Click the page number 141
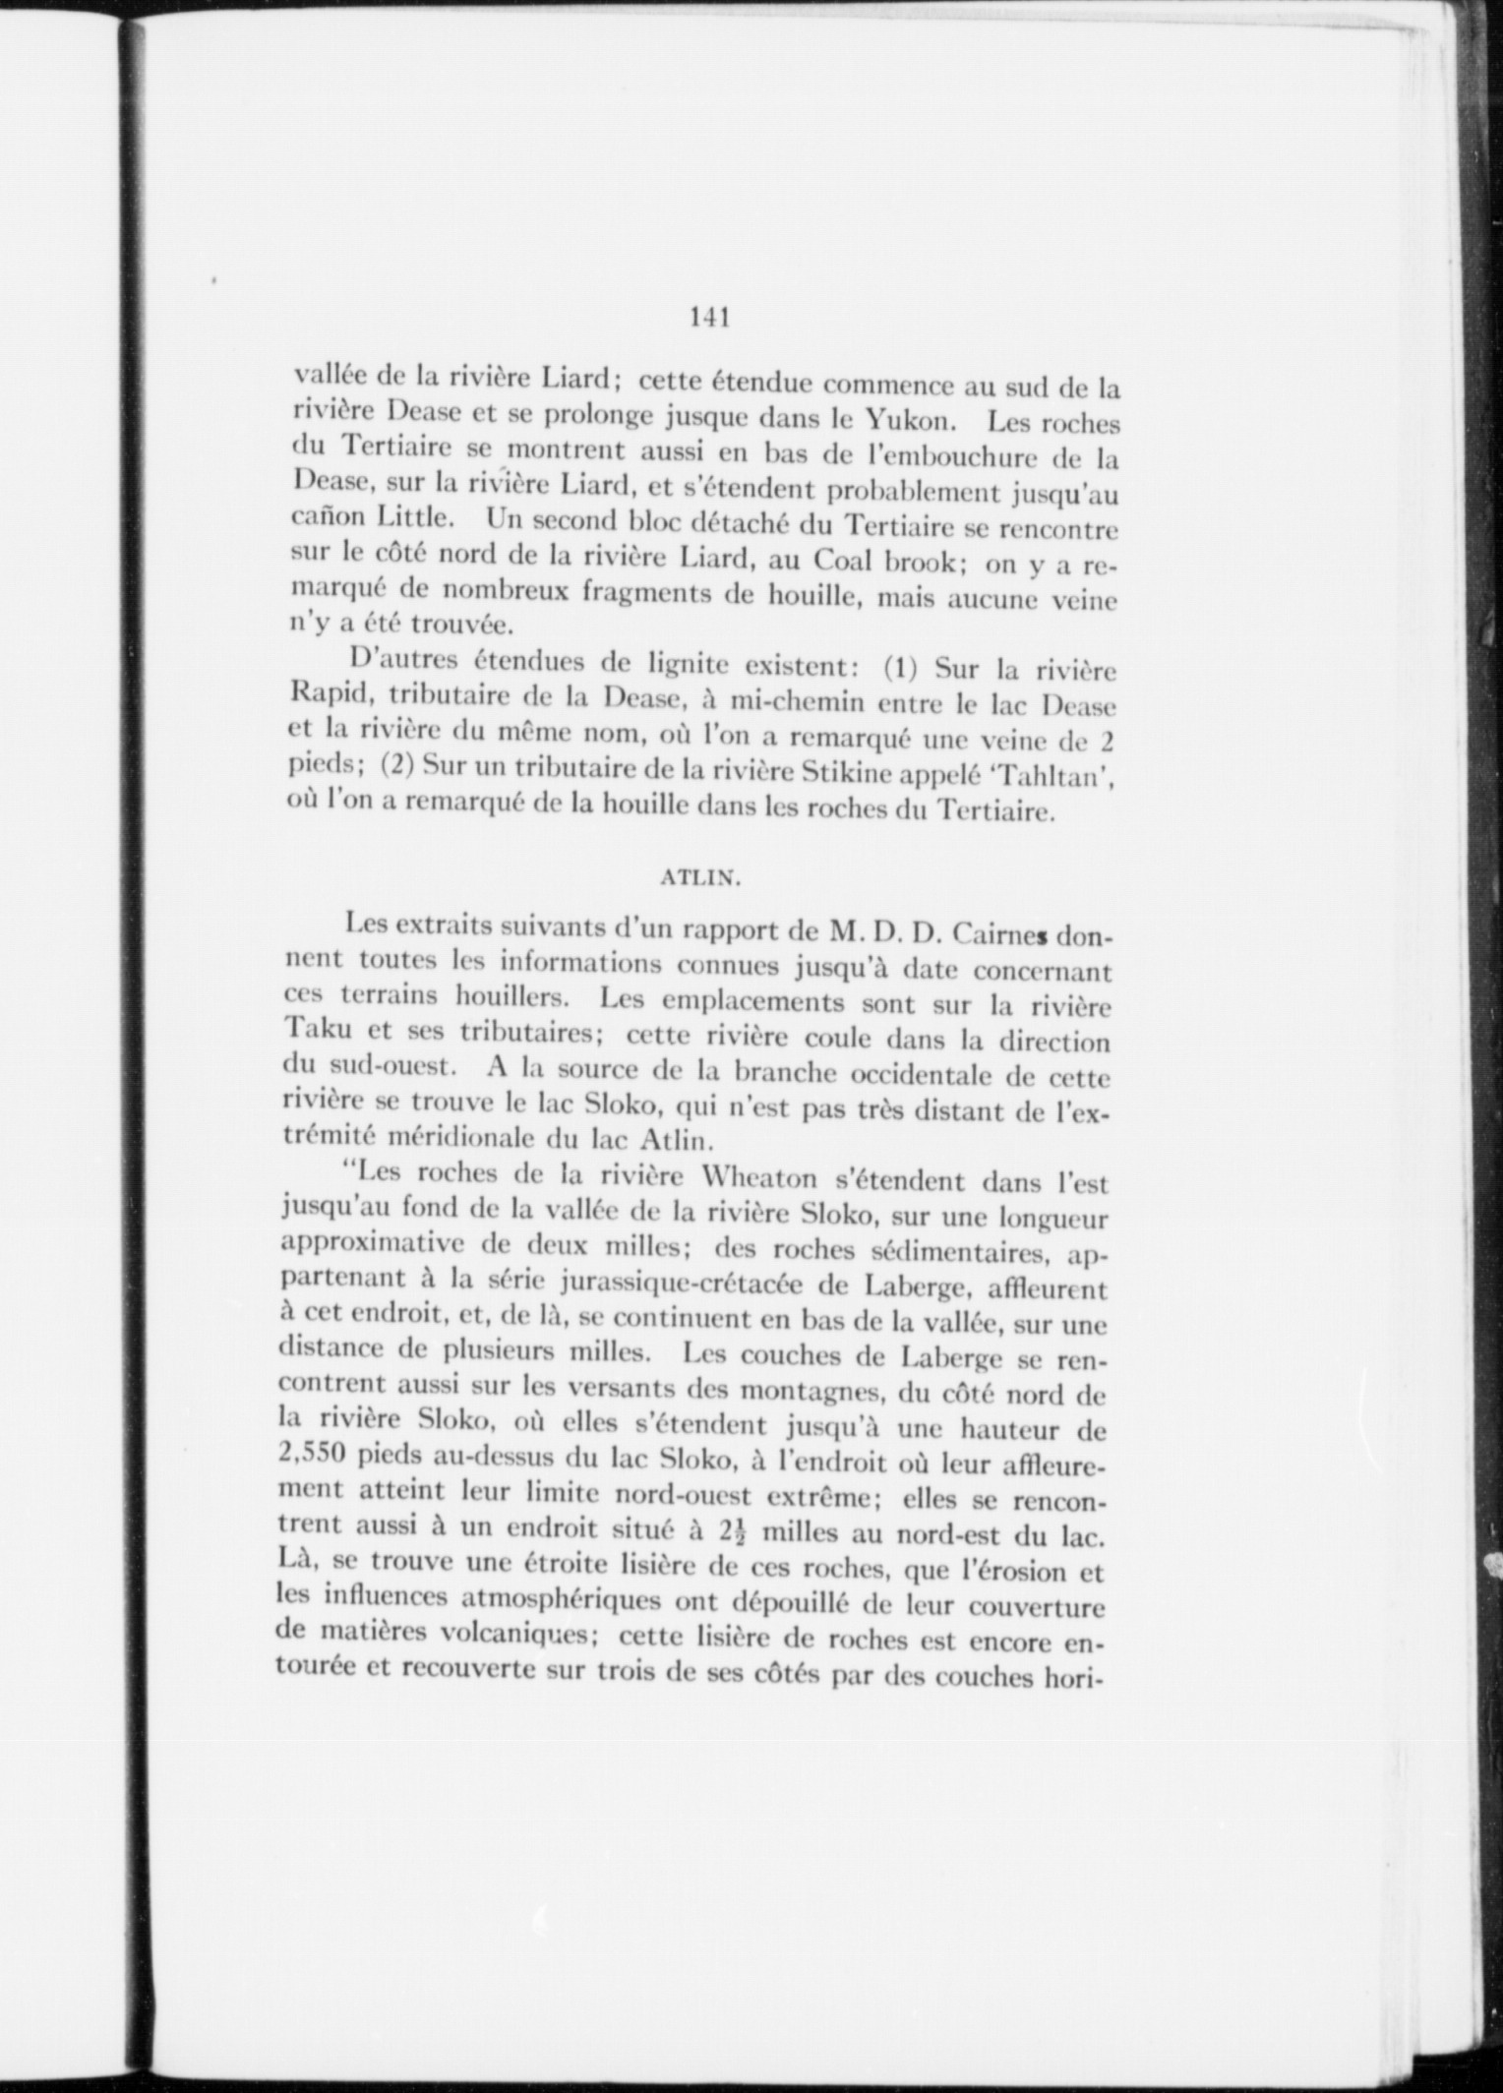point(708,318)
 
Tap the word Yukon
point(906,421)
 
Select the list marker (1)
point(899,670)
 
